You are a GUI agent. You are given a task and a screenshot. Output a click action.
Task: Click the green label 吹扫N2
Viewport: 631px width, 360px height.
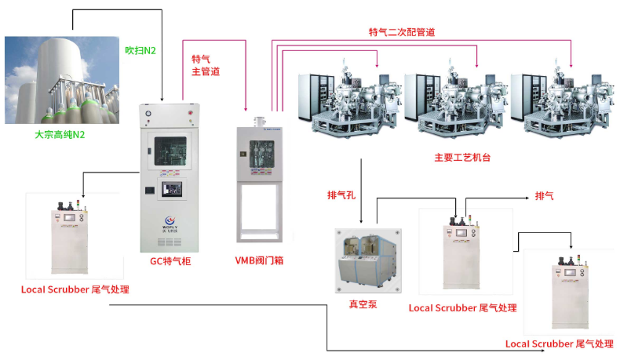(x=141, y=51)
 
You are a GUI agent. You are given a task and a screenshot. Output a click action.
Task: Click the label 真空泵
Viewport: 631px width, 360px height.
(x=363, y=304)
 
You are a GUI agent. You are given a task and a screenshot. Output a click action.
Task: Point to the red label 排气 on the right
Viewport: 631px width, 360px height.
(x=544, y=195)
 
